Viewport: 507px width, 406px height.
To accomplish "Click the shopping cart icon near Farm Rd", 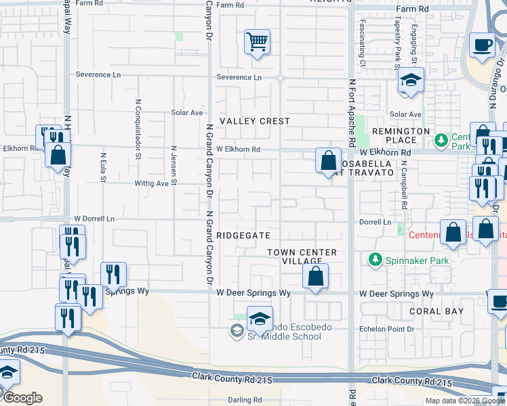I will [x=257, y=43].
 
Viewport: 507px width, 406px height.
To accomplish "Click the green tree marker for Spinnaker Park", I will [x=373, y=259].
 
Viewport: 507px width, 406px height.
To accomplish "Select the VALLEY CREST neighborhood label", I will [x=254, y=121].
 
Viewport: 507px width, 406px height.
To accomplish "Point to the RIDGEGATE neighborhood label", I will [x=243, y=235].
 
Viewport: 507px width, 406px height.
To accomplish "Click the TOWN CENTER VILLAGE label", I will [x=302, y=256].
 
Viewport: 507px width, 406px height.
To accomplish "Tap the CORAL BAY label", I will [x=437, y=311].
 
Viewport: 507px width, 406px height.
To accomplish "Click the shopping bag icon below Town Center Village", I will [x=316, y=277].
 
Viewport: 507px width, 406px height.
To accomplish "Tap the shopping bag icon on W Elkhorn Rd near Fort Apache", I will [x=328, y=162].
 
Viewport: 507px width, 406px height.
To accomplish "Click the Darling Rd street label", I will [x=245, y=400].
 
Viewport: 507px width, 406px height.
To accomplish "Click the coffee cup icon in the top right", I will [x=483, y=45].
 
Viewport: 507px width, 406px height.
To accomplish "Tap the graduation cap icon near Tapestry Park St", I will [x=411, y=81].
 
